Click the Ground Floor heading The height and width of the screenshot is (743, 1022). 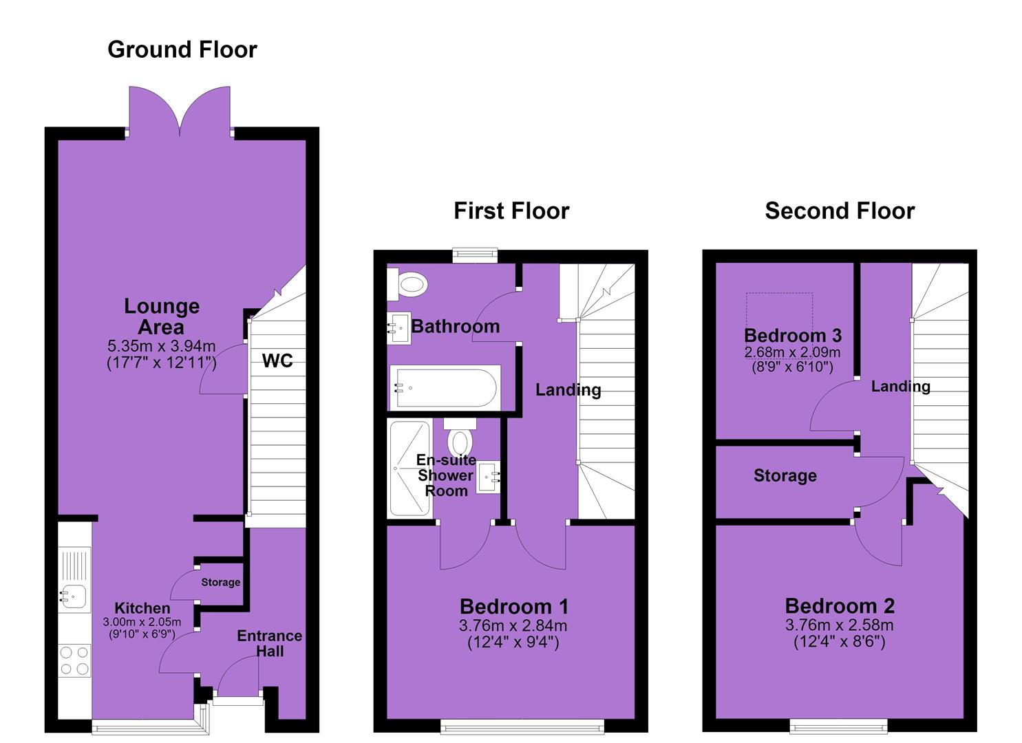click(x=182, y=50)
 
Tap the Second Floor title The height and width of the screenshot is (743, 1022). click(x=840, y=211)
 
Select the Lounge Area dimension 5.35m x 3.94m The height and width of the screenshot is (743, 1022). click(x=161, y=346)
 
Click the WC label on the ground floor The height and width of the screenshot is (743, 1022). click(x=277, y=360)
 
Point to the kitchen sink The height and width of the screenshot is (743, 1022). click(x=74, y=596)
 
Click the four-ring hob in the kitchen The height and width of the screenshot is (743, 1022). click(x=74, y=660)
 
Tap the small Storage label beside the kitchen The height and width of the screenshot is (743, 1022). click(x=220, y=582)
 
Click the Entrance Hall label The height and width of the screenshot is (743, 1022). click(x=270, y=643)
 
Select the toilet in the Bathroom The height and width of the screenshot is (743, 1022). click(x=407, y=284)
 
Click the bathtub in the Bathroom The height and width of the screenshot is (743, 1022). click(x=445, y=388)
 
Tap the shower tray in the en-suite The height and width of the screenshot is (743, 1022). click(x=409, y=469)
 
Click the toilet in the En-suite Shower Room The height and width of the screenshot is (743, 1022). click(x=460, y=436)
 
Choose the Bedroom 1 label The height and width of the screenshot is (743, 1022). click(x=514, y=606)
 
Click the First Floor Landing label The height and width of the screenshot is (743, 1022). click(x=568, y=390)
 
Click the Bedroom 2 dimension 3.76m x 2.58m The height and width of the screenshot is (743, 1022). click(x=840, y=625)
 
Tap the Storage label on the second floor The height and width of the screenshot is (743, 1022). click(x=785, y=475)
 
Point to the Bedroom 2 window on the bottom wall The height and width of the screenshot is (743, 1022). click(x=839, y=726)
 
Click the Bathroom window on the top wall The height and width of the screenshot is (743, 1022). click(x=475, y=255)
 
